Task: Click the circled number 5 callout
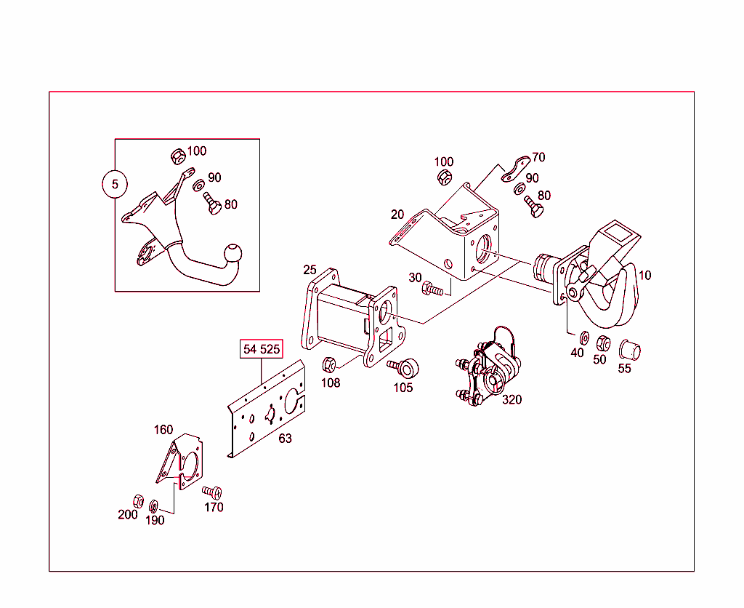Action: pos(115,185)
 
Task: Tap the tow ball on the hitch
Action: pos(235,255)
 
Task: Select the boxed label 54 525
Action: pos(261,349)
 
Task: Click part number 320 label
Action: pos(511,399)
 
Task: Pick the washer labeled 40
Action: pos(583,338)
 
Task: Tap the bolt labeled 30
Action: pos(432,289)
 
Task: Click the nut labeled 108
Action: pos(328,363)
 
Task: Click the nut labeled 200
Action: pos(138,500)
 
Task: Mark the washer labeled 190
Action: pos(154,505)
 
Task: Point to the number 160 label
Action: pos(163,430)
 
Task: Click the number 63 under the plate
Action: pos(285,439)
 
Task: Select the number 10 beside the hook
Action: pos(645,275)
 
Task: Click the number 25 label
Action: pos(310,270)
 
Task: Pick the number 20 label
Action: pos(397,215)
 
